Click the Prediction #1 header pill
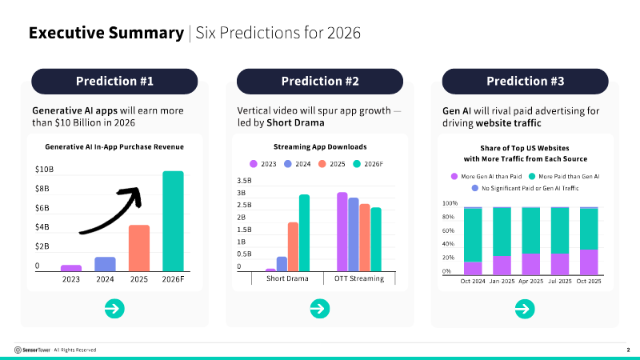114,81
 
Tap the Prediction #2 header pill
320,81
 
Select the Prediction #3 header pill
526,81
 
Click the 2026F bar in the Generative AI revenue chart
173,222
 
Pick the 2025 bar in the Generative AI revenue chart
139,248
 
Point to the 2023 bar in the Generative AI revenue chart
71,268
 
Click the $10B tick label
44,170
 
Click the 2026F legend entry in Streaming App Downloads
369,164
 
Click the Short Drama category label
287,279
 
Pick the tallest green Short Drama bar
304,233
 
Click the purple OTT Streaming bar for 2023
342,232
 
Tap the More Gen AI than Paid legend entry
482,175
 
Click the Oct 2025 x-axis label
588,281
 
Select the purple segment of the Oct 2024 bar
473,269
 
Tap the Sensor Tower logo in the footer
32,350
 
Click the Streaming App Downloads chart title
320,147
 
